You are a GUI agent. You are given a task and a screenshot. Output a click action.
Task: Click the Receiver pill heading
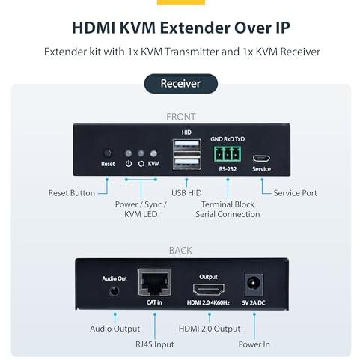coord(181,84)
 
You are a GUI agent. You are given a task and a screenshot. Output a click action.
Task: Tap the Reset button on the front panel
coord(108,153)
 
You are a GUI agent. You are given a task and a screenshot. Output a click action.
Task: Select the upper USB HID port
coord(186,145)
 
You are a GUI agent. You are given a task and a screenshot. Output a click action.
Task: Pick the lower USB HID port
coord(186,163)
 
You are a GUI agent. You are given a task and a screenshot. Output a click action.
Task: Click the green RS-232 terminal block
coord(228,154)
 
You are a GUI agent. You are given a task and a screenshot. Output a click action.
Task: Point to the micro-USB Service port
coord(261,159)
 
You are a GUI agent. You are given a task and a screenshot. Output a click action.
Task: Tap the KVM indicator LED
coord(153,153)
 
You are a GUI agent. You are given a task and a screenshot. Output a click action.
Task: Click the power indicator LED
coord(129,153)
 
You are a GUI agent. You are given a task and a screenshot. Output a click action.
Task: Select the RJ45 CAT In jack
coord(155,282)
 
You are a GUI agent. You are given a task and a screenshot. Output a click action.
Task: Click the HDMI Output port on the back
coord(209,290)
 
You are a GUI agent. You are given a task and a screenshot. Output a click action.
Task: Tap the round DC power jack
coord(254,284)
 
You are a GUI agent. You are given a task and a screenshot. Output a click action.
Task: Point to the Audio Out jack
coord(115,291)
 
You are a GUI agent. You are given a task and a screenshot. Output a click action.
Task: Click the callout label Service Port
coord(295,193)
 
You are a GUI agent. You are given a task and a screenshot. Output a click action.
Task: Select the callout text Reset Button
coord(72,193)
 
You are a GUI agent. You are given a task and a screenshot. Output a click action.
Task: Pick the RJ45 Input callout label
coord(155,344)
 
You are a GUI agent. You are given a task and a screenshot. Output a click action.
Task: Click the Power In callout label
coord(254,344)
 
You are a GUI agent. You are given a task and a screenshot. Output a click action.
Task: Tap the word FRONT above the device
coord(181,117)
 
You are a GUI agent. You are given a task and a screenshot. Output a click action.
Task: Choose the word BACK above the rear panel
coord(180,251)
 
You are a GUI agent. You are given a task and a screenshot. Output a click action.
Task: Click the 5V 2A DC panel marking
coord(254,302)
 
